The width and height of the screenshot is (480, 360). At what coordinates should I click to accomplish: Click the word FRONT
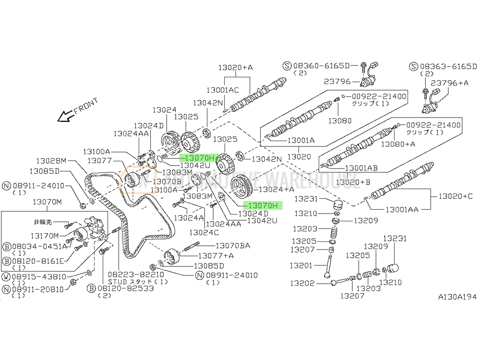tap(86, 106)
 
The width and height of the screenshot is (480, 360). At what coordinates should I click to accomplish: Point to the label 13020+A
tap(235, 68)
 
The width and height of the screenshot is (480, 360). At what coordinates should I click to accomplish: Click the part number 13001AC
tap(223, 90)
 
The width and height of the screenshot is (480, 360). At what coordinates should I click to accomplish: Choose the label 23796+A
tap(450, 83)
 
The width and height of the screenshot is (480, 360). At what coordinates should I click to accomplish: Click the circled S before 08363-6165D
tap(414, 66)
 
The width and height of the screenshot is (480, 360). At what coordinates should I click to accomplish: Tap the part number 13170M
tap(44, 235)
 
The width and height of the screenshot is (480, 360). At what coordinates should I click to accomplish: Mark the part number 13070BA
tap(233, 246)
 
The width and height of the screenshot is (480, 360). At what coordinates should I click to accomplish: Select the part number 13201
tap(301, 265)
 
